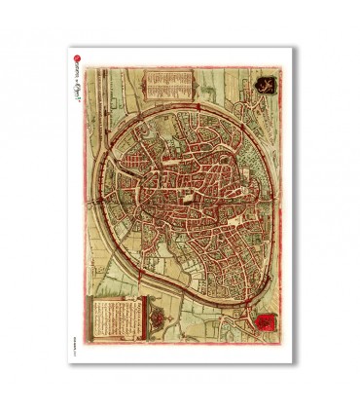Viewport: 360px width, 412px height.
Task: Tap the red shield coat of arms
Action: coord(263,319)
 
